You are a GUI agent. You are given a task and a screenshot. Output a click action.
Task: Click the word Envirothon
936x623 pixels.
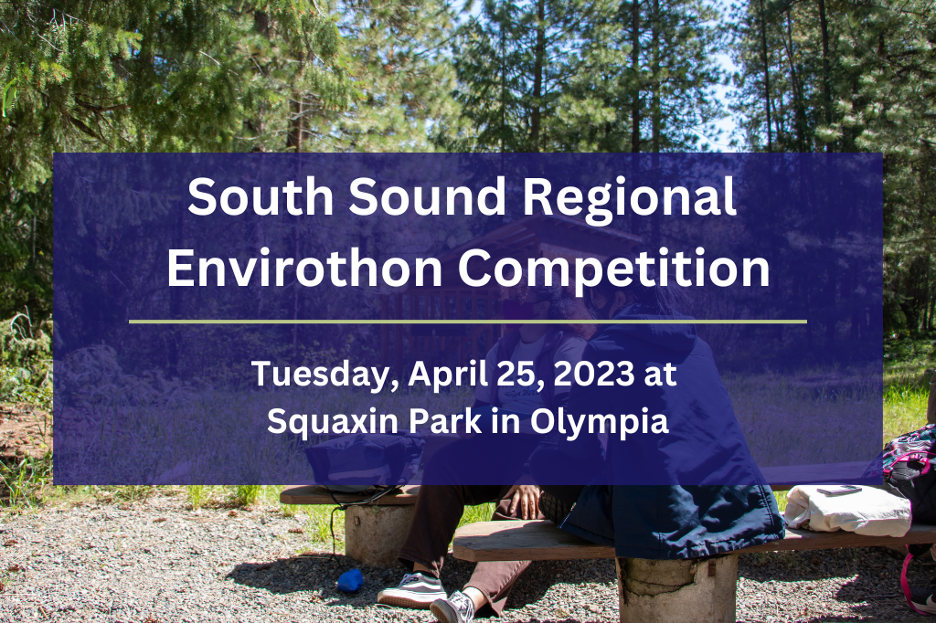pos(304,268)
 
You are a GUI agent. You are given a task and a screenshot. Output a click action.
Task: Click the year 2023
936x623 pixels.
pos(593,374)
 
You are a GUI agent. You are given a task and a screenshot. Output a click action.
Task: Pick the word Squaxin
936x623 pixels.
pos(333,421)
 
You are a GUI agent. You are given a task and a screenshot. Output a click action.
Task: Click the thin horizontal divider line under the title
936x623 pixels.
pos(468,321)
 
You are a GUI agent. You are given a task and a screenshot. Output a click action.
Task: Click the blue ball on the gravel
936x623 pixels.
pos(350,580)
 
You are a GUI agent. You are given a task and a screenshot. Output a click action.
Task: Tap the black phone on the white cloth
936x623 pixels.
pos(839,491)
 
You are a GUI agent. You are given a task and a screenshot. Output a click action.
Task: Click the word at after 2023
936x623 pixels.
pos(660,375)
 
